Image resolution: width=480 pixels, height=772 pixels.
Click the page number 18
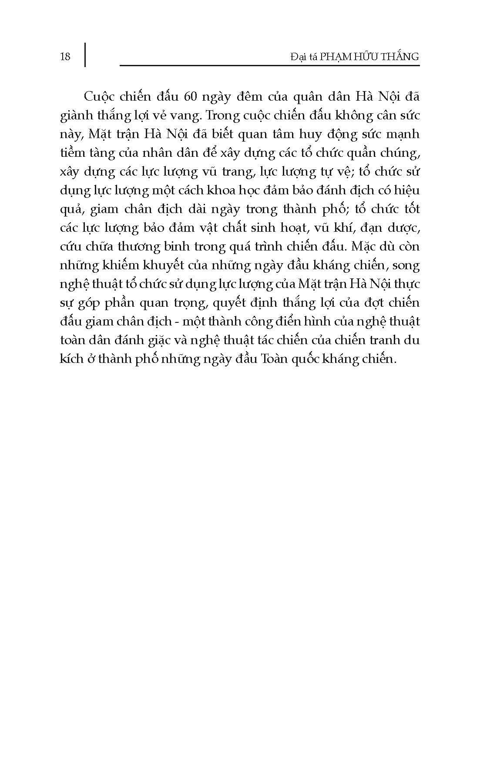click(64, 56)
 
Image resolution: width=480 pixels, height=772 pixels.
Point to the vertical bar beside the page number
click(84, 54)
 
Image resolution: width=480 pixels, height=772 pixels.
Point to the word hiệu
click(406, 190)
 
